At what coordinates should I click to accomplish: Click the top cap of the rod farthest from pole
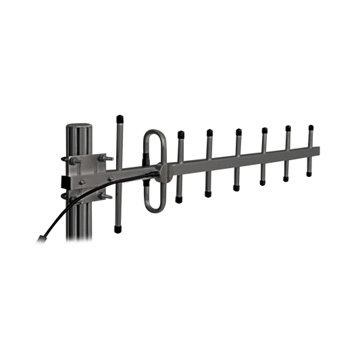pyautogui.click(x=310, y=126)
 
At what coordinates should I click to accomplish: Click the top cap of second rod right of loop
pyautogui.click(x=209, y=131)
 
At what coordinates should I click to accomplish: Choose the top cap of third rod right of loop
pyautogui.click(x=238, y=130)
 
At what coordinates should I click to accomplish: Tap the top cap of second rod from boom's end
pyautogui.click(x=287, y=127)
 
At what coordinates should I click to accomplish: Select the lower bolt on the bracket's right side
pyautogui.click(x=103, y=197)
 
